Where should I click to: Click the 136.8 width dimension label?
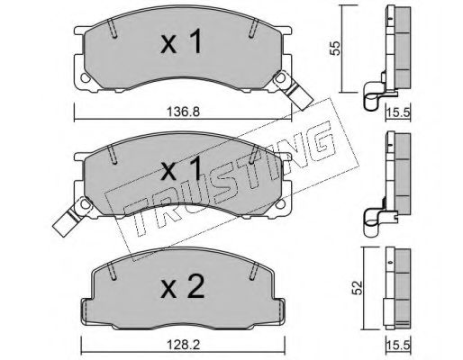coord(183,112)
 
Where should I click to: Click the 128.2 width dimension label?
coord(183,345)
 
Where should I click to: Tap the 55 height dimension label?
coord(335,48)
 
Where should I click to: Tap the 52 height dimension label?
coord(358,287)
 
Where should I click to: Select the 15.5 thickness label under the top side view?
coord(398,113)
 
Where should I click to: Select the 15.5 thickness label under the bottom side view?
coord(398,346)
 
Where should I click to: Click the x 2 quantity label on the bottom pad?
coord(183,287)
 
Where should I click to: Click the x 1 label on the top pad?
coord(181,42)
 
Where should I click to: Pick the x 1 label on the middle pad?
coord(181,169)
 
